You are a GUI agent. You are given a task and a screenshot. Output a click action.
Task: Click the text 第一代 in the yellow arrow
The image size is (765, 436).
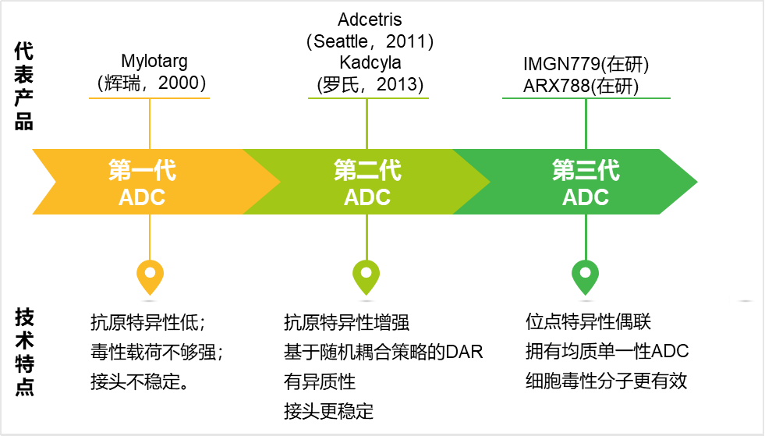pos(142,170)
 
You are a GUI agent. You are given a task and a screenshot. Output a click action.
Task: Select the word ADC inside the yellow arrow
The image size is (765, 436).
pos(142,197)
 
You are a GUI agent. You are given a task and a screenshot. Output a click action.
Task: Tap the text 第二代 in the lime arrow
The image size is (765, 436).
pos(367,170)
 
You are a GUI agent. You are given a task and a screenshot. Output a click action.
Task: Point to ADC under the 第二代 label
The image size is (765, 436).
pos(367,197)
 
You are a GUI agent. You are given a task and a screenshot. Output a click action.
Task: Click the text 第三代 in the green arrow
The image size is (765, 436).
pos(586,170)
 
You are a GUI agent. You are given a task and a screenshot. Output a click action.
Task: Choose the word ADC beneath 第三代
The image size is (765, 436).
pos(586,197)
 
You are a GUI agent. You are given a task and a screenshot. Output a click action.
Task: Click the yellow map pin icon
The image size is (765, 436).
pos(150,276)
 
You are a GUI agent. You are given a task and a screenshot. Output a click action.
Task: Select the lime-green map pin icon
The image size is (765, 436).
pos(367,276)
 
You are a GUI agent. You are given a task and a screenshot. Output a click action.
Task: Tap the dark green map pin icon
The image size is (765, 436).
pos(586,276)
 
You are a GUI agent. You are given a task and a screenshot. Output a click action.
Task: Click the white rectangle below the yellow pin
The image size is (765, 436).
pos(150,301)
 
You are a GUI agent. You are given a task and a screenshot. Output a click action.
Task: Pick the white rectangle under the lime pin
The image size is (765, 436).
pos(367,301)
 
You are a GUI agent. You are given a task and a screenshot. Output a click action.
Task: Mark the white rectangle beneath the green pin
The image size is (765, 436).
pos(586,301)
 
